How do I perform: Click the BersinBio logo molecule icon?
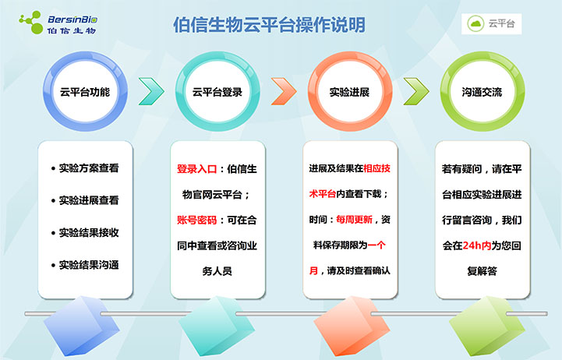31,23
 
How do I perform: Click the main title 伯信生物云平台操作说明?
269,25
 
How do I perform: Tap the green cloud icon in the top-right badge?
475,23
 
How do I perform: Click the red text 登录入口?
196,169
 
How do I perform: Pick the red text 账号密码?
196,220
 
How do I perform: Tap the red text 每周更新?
354,219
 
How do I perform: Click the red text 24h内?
477,245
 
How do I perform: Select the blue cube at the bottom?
81,326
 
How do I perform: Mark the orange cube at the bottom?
352,326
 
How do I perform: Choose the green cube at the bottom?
486,326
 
